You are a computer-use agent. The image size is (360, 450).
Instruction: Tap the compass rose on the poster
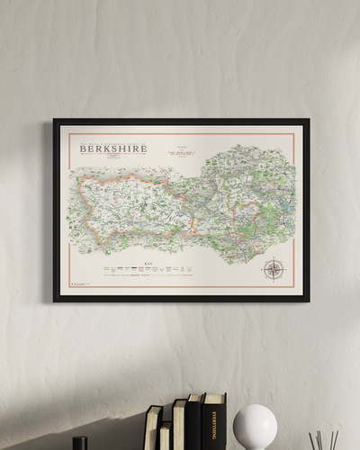coord(274,268)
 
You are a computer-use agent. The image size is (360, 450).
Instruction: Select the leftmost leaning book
coord(153,428)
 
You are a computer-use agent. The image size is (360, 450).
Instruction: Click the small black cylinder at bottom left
coord(80,443)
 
